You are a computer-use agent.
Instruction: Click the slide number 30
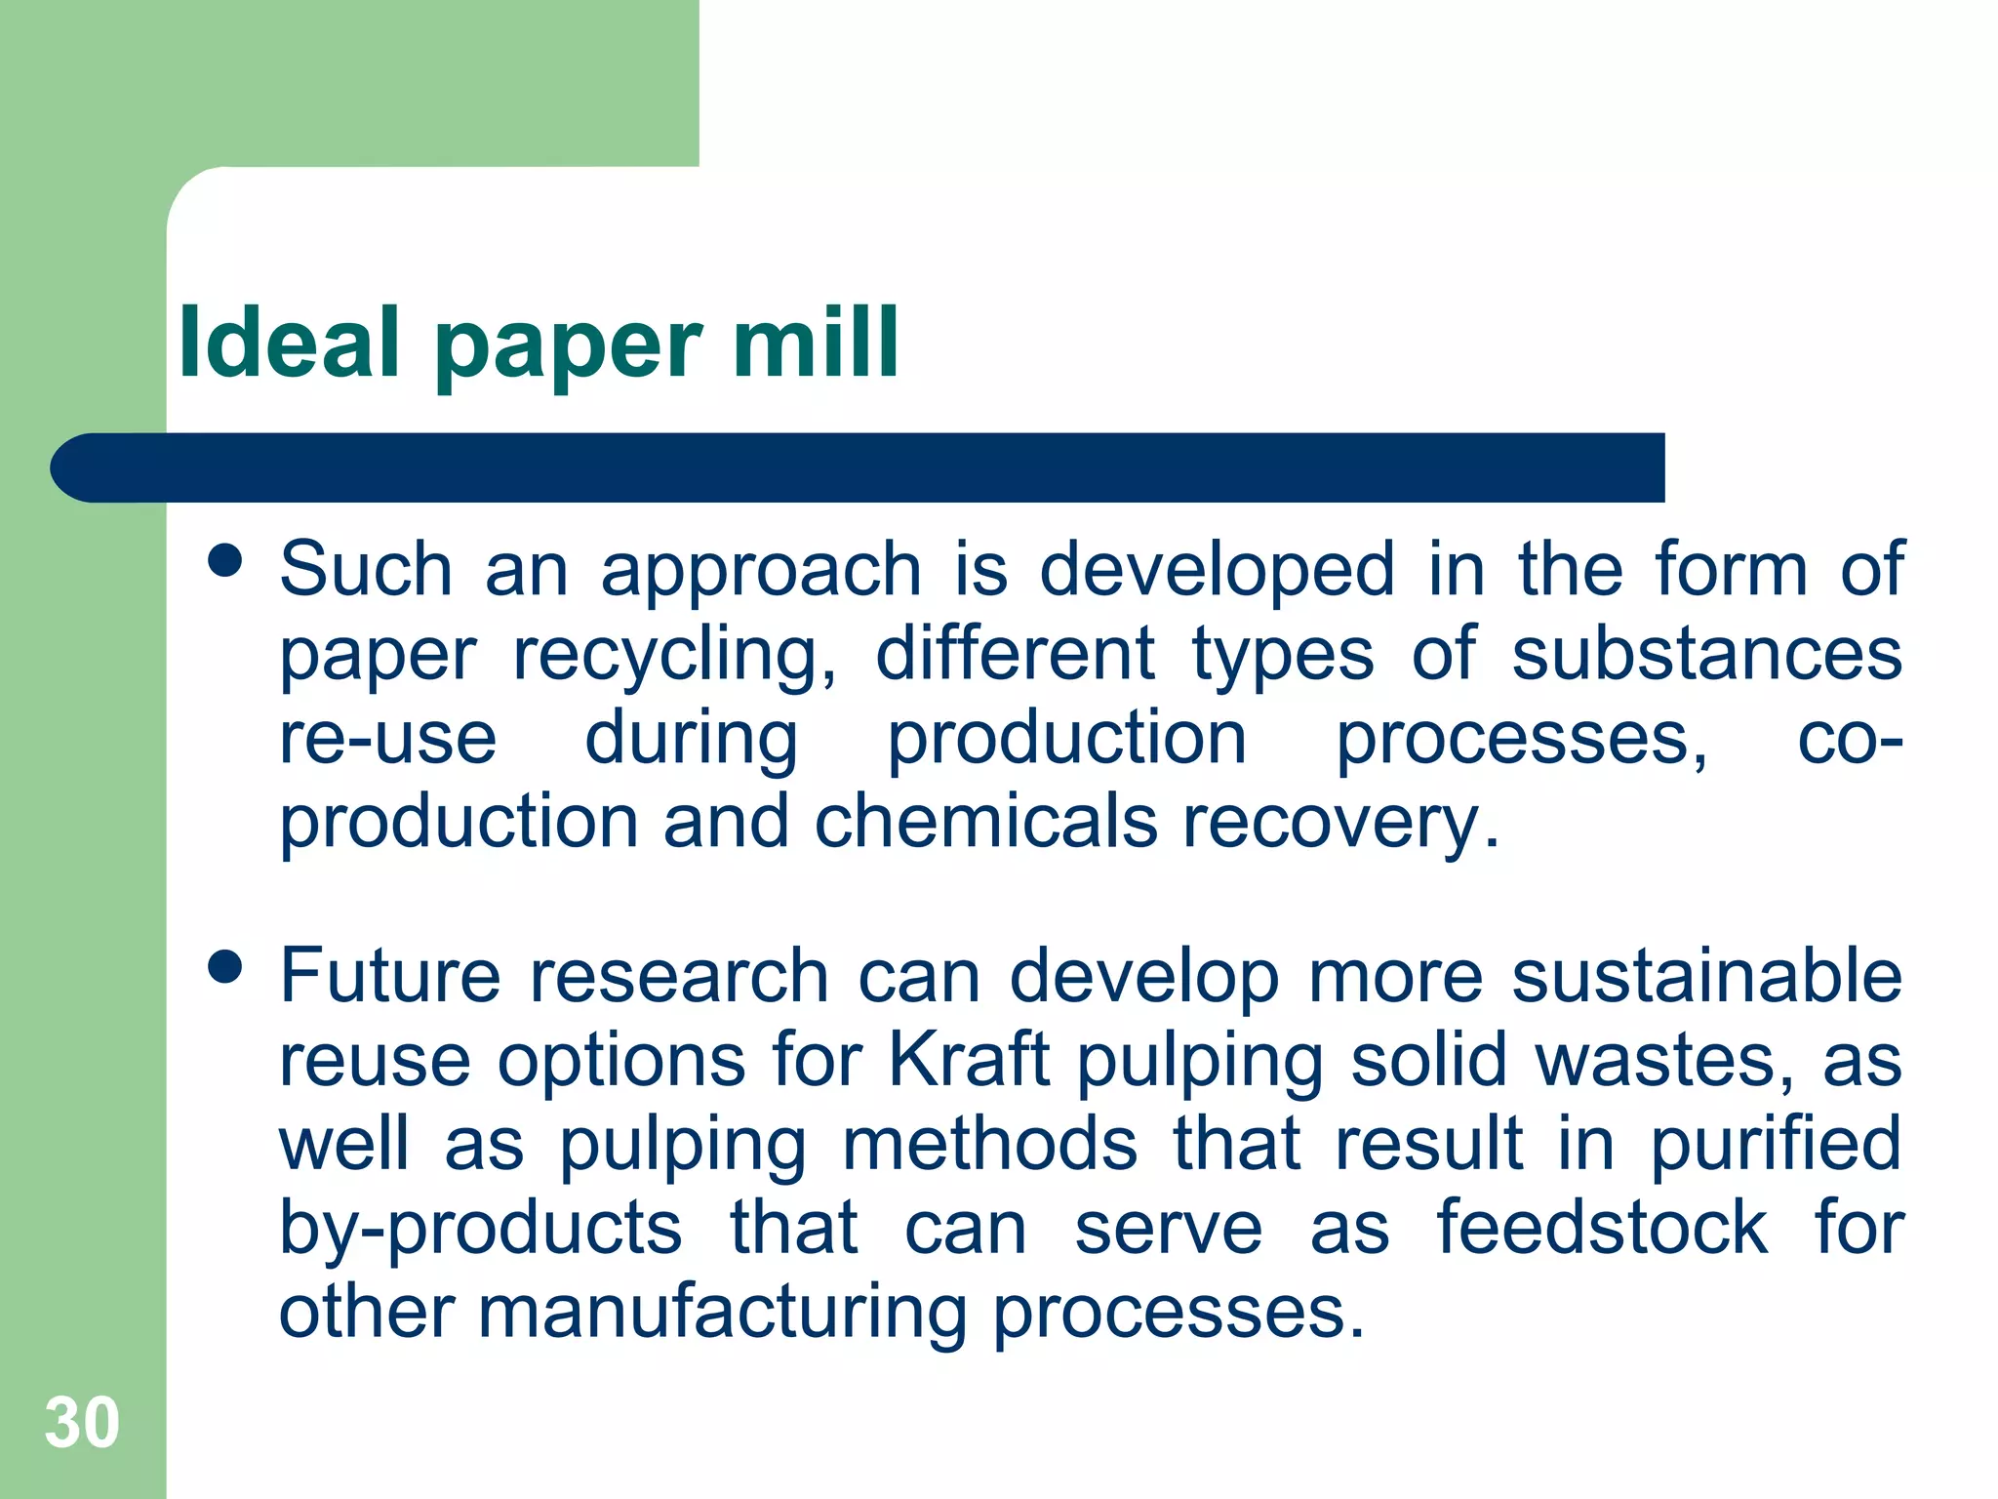coord(82,1423)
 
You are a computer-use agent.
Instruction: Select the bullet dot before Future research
coord(225,967)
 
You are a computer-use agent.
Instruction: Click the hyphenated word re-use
coord(387,738)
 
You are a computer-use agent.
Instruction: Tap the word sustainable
coord(1706,975)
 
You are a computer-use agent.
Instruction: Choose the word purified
coord(1775,1144)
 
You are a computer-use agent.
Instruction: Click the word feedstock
coord(1601,1227)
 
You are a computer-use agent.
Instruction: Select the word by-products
coord(480,1229)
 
